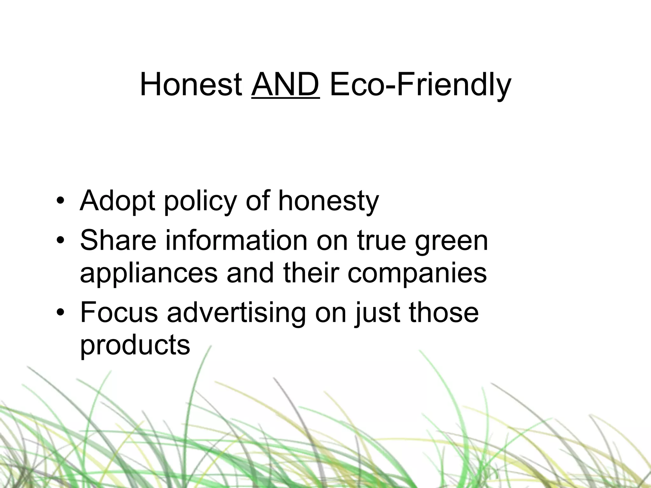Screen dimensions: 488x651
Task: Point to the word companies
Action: pyautogui.click(x=417, y=274)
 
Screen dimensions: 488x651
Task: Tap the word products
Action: pyautogui.click(x=135, y=346)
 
